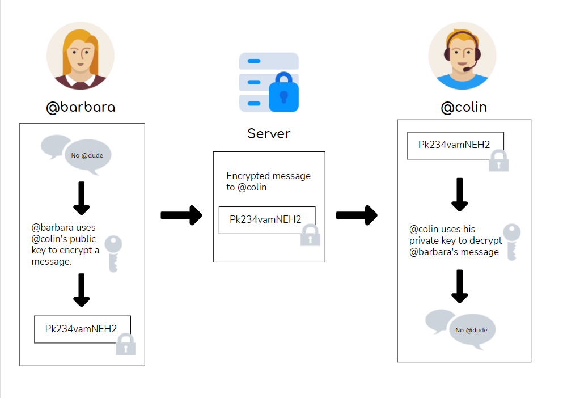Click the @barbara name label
(81, 107)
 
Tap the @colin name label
(464, 107)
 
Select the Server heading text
(269, 134)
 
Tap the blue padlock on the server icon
(283, 94)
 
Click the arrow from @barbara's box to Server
(181, 215)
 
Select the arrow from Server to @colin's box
(357, 215)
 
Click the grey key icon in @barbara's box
(113, 253)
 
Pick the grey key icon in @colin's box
(511, 241)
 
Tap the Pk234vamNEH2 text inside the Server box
(265, 219)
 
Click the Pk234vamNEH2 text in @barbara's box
(81, 328)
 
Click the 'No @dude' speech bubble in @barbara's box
(87, 155)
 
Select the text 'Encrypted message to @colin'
(268, 181)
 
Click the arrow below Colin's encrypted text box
(459, 194)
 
